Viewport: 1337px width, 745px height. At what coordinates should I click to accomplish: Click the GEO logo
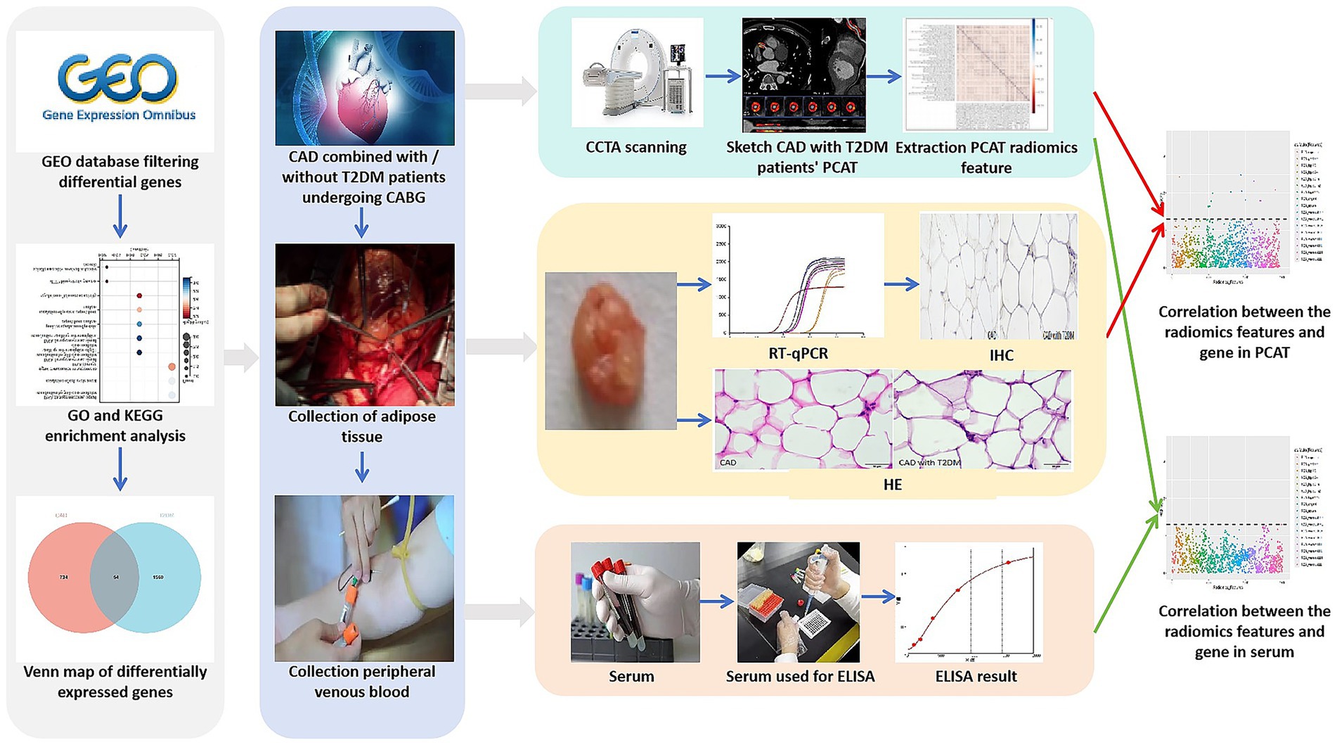tap(117, 79)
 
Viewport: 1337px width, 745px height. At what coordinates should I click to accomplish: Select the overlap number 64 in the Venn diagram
tap(116, 577)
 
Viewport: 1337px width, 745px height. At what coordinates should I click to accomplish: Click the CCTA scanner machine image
tap(637, 74)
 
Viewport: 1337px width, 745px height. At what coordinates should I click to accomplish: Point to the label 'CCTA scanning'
tap(635, 147)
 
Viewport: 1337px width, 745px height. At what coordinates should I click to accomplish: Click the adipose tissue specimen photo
tap(610, 350)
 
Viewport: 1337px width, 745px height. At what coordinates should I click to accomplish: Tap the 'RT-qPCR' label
tap(798, 353)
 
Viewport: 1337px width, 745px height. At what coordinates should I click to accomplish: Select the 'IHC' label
tap(1001, 355)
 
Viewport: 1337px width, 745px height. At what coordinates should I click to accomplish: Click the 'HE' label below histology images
tap(892, 484)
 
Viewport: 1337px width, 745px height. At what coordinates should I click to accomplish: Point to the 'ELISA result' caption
tap(976, 676)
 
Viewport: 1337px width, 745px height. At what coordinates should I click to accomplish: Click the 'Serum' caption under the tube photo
tap(631, 676)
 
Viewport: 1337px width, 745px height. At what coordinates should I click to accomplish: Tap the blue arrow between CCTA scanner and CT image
tap(723, 76)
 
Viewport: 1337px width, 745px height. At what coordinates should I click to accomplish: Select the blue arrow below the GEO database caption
tap(120, 216)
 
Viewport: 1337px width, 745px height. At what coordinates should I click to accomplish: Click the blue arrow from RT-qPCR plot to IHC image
tap(901, 284)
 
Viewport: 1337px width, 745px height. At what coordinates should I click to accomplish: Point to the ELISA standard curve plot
tap(969, 602)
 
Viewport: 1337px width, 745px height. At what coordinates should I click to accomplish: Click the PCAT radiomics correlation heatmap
tap(977, 75)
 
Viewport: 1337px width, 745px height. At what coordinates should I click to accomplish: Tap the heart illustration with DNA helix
tap(365, 88)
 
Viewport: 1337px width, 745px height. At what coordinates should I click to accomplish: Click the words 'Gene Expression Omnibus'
tap(119, 115)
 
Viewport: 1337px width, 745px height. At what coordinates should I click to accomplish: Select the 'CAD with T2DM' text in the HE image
tap(929, 462)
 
